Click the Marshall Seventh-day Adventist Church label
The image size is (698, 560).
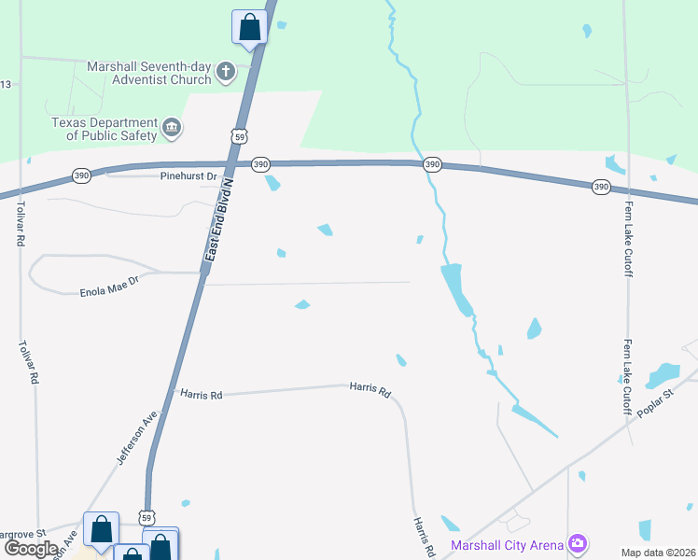[149, 73]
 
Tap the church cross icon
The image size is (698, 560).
[225, 72]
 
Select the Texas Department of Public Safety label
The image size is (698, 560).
[104, 129]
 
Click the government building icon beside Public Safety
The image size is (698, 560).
[172, 128]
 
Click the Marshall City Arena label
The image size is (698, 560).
[509, 544]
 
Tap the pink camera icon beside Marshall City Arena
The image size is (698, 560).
[578, 543]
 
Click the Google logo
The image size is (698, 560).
[30, 548]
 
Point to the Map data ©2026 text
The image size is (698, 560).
[659, 552]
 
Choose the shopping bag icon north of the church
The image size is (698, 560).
[249, 27]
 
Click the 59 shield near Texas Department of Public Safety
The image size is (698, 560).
[241, 136]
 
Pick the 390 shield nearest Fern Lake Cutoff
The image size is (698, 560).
[601, 188]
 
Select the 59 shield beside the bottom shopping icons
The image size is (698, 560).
[146, 515]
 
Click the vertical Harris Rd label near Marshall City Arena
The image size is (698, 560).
[424, 534]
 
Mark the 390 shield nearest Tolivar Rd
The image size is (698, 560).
[81, 175]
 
